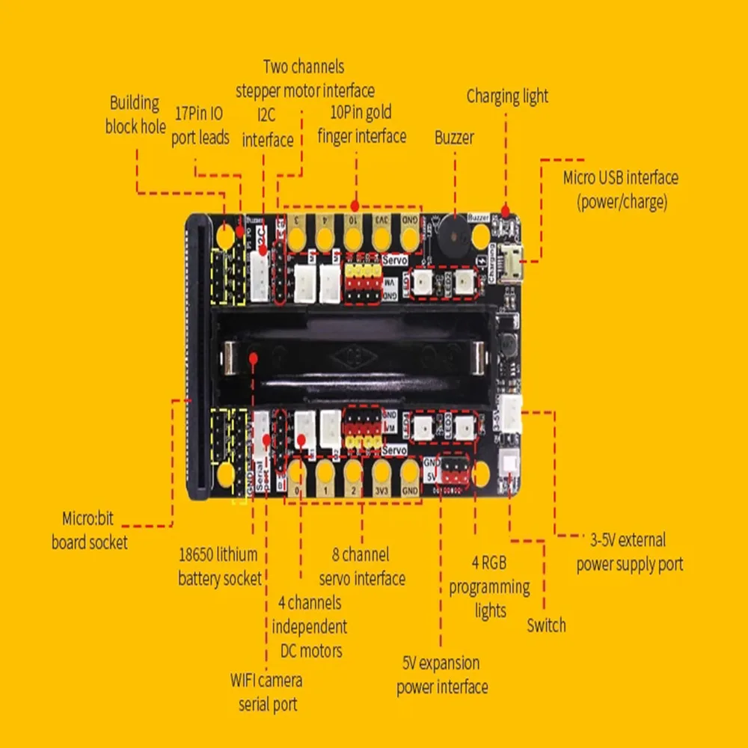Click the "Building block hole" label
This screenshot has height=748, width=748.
[135, 114]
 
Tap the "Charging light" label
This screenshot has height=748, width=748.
[507, 96]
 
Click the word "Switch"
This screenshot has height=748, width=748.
[546, 625]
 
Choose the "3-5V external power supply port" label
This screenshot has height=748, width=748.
[629, 551]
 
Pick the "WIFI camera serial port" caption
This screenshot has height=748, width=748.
[267, 692]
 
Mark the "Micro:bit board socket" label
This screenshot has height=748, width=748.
[90, 530]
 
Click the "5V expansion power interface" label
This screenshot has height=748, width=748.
[442, 675]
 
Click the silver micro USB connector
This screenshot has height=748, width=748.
[514, 263]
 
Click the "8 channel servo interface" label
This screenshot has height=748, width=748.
[362, 566]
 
